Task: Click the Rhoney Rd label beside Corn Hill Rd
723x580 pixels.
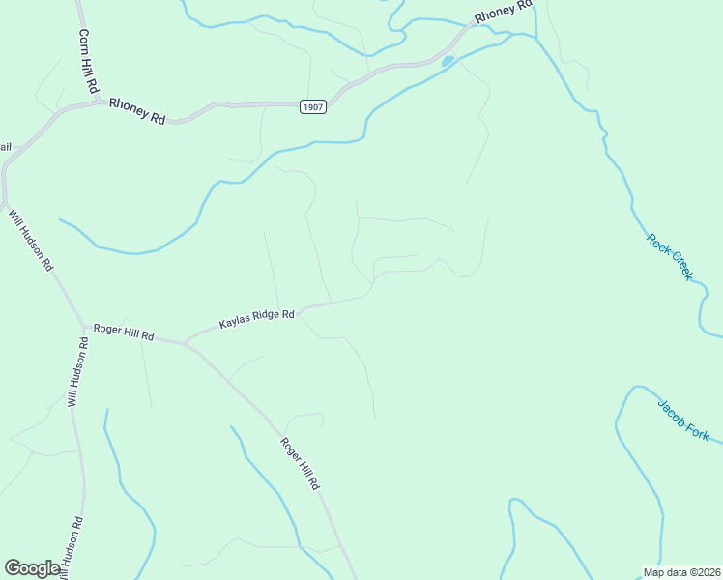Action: pos(137,111)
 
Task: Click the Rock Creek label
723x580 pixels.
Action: pos(670,257)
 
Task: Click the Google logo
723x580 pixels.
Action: pos(32,568)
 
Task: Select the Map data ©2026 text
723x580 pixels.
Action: pos(681,572)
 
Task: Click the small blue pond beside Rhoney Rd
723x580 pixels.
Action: pos(448,62)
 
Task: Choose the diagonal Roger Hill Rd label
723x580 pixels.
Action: pos(300,463)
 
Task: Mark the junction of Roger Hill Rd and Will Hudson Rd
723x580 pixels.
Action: pos(86,326)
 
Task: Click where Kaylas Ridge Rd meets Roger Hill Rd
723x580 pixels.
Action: pos(185,342)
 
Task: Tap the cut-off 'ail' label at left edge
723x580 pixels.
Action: pos(5,147)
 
